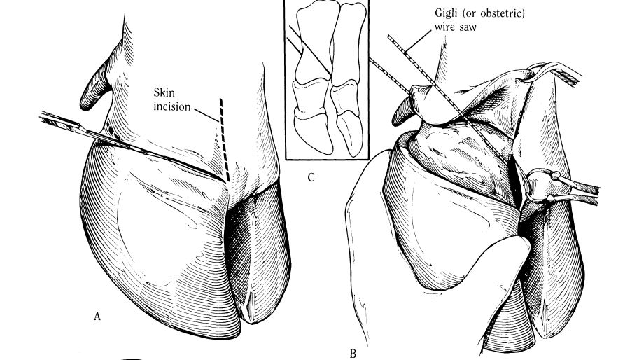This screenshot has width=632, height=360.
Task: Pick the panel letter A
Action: (98, 316)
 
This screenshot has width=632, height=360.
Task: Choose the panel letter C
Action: (310, 176)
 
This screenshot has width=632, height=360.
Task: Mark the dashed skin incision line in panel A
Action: (223, 133)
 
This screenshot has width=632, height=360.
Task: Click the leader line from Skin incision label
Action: (202, 114)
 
